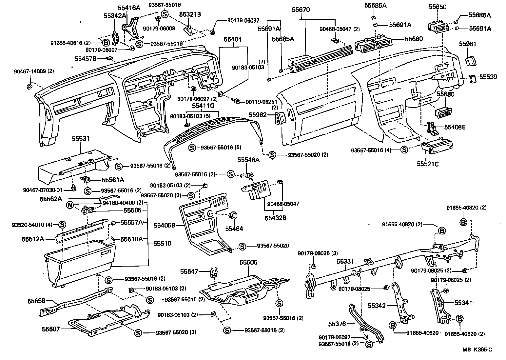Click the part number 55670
coord(301,10)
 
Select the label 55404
coord(233,39)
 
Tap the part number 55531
coord(81,139)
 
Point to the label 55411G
coord(203,106)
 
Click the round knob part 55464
coord(233,215)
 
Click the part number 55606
coord(248,263)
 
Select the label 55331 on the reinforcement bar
coord(345,262)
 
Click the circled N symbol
coord(69,205)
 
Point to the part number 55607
coord(51,329)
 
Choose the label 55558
coord(36,301)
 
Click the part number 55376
coord(337,324)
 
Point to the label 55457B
coord(85,59)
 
